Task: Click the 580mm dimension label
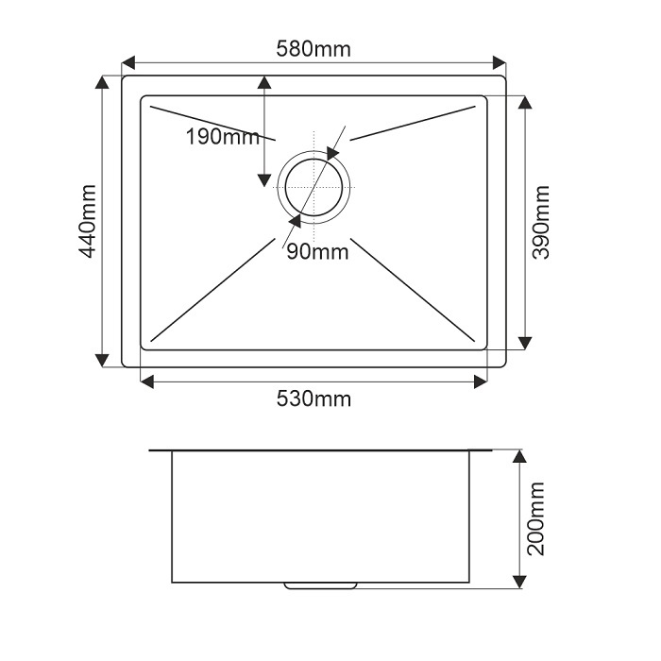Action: tap(314, 49)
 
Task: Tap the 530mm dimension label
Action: tap(314, 398)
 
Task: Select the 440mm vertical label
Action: tap(88, 221)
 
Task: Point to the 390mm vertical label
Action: tap(541, 222)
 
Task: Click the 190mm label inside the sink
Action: tap(223, 137)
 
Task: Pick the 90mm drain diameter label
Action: tap(317, 252)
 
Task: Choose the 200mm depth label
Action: tap(535, 519)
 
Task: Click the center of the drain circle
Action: tap(314, 187)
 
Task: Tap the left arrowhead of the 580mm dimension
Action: tap(128, 62)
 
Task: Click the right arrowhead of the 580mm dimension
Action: tap(500, 62)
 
